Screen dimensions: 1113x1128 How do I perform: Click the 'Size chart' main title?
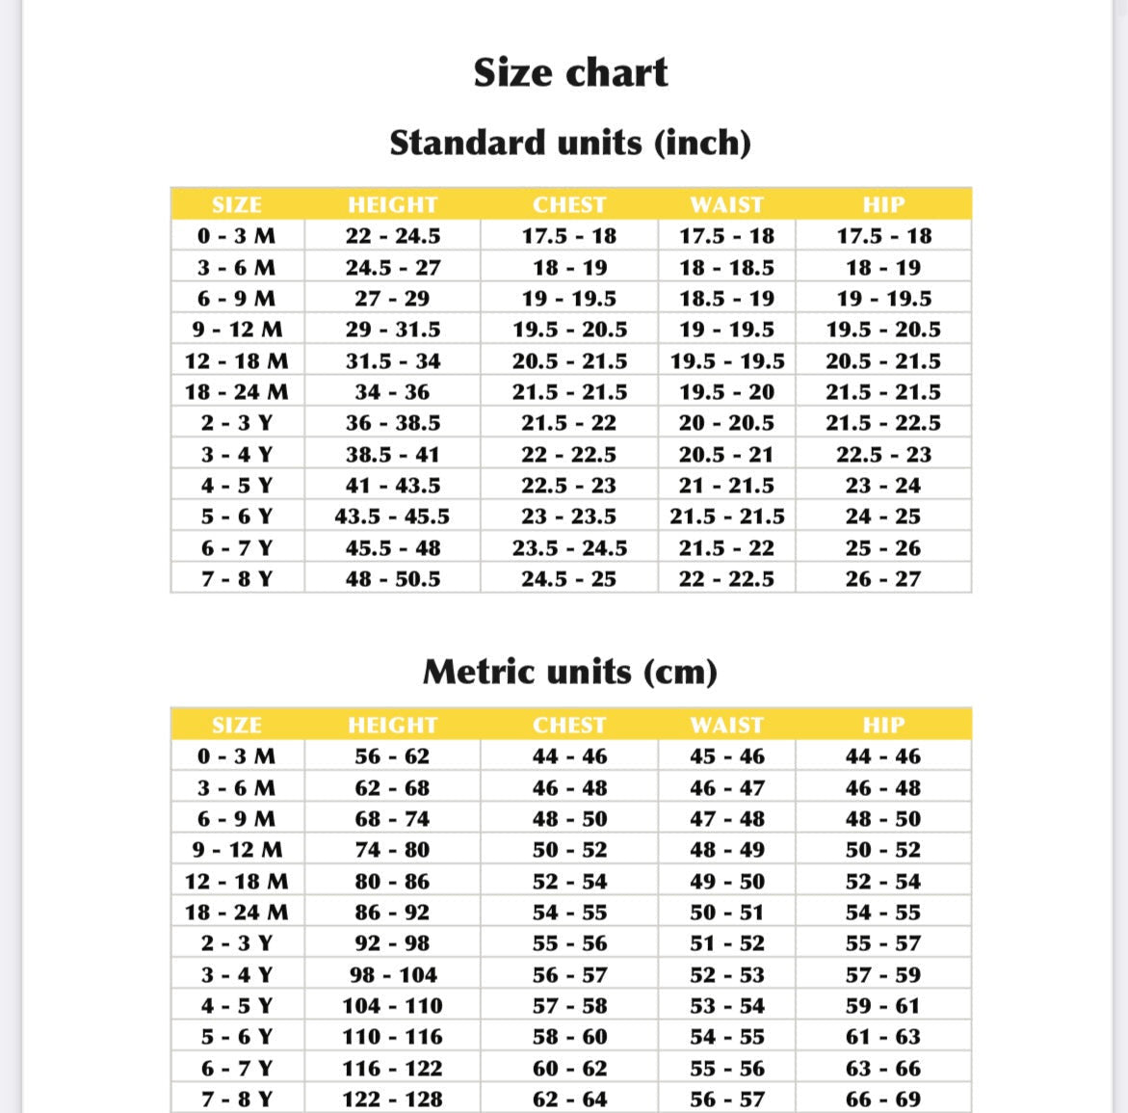(x=570, y=73)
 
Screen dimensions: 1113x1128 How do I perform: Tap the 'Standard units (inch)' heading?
(x=570, y=143)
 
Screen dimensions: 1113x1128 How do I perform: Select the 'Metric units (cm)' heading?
(x=570, y=672)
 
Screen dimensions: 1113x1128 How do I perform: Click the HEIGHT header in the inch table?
(x=392, y=204)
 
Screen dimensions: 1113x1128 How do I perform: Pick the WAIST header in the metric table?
(x=727, y=725)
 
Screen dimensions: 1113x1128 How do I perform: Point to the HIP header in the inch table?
(x=883, y=204)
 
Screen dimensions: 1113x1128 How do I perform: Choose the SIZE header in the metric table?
(x=237, y=725)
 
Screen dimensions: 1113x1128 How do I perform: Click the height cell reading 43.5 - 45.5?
(x=392, y=517)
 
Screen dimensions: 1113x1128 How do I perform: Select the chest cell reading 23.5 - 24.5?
(x=569, y=548)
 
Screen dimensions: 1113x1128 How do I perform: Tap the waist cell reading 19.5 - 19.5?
(x=727, y=361)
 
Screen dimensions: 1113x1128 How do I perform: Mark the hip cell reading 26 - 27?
(x=883, y=579)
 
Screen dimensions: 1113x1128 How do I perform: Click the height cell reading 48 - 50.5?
(x=392, y=579)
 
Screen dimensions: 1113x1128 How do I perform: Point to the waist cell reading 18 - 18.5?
(x=727, y=268)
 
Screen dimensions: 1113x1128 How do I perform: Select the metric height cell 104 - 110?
(x=392, y=1006)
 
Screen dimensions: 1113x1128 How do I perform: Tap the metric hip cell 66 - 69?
(x=883, y=1100)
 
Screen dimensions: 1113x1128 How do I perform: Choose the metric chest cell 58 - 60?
(x=569, y=1037)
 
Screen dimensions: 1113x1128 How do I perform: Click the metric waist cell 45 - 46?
(x=727, y=756)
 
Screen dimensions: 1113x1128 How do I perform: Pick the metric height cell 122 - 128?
(x=392, y=1100)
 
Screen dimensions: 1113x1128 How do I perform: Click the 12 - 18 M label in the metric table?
(x=237, y=882)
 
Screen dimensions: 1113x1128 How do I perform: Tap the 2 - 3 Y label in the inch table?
(x=237, y=423)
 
